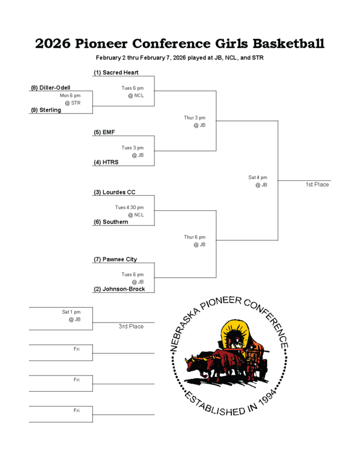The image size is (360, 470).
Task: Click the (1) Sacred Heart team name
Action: coord(116,72)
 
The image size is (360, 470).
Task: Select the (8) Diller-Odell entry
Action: coord(51,88)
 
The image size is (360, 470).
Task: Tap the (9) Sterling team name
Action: coord(46,110)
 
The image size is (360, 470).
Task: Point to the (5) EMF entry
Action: coord(105,132)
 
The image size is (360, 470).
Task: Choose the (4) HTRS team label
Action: coord(106,162)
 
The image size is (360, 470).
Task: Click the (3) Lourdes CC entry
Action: coord(115,192)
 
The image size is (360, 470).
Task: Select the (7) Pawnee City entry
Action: coord(115,259)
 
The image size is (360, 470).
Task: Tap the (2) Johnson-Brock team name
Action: coord(119,289)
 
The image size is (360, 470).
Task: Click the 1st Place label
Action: coord(317,184)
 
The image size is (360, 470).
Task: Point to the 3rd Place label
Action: coord(131,326)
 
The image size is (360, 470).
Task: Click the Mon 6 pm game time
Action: coord(70,95)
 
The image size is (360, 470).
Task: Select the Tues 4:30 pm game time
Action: coord(129,207)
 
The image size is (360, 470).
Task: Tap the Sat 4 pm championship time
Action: coord(258,177)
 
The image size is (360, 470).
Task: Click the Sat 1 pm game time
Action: coord(71,312)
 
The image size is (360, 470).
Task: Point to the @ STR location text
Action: coord(72,103)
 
